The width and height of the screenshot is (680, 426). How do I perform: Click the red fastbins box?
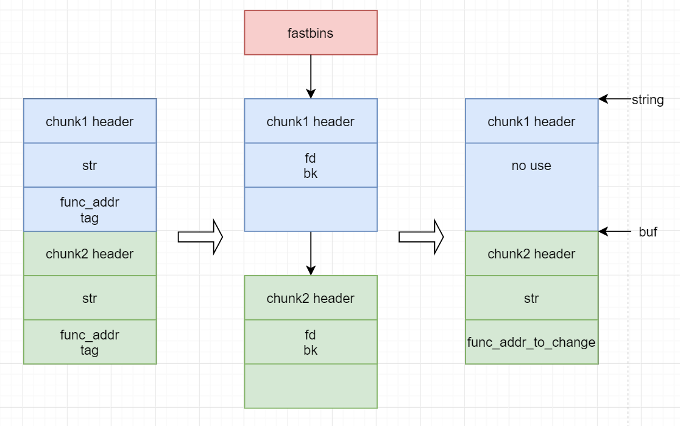click(x=311, y=33)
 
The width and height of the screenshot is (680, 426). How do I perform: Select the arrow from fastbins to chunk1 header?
click(x=311, y=76)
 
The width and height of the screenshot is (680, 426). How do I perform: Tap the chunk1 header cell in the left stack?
click(x=90, y=121)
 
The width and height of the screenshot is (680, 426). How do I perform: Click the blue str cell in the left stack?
click(x=90, y=165)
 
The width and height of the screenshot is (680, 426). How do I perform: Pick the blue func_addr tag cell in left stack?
click(x=90, y=209)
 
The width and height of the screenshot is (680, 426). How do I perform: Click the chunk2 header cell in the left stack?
click(x=90, y=254)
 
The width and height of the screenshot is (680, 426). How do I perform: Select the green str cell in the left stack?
click(x=90, y=298)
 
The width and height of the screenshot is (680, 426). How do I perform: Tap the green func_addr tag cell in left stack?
click(x=90, y=342)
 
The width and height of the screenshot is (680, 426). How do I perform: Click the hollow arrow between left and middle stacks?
click(x=200, y=236)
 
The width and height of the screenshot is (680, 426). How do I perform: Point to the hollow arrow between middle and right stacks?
click(x=421, y=236)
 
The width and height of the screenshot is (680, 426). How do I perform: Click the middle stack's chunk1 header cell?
click(x=311, y=121)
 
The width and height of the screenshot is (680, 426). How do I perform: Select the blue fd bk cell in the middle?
click(x=311, y=165)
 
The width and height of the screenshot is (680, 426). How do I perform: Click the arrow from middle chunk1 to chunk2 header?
click(x=311, y=253)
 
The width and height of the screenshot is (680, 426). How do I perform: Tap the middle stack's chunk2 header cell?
click(x=311, y=298)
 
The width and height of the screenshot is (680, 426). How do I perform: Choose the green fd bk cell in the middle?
click(x=311, y=342)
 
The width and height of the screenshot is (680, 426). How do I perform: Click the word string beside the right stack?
click(x=647, y=100)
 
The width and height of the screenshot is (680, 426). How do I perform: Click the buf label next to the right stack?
click(x=648, y=232)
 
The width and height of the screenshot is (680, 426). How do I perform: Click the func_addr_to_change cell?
click(x=531, y=342)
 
